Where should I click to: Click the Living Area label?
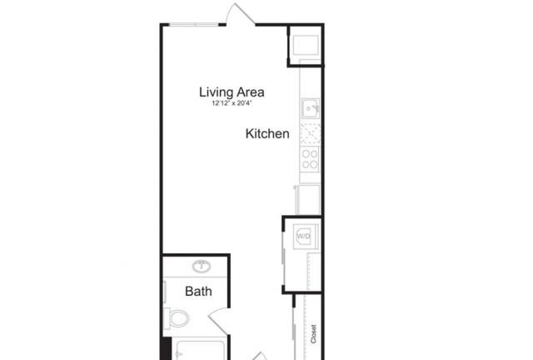tap(232, 92)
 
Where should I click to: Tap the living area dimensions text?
tap(232, 103)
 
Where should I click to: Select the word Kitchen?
tap(267, 133)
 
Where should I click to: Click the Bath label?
tap(198, 292)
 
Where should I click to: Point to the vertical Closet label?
tap(313, 334)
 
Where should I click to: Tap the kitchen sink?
tap(310, 108)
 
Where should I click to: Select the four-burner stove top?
tap(310, 160)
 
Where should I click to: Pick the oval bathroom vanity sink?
tap(202, 266)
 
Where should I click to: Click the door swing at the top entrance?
tap(241, 13)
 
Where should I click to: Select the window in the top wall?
tap(194, 24)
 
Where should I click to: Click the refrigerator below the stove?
tap(307, 199)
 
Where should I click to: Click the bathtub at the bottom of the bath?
tap(200, 350)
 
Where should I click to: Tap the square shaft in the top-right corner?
tap(306, 45)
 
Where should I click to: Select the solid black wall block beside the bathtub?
tap(167, 348)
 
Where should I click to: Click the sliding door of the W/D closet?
tap(283, 254)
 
